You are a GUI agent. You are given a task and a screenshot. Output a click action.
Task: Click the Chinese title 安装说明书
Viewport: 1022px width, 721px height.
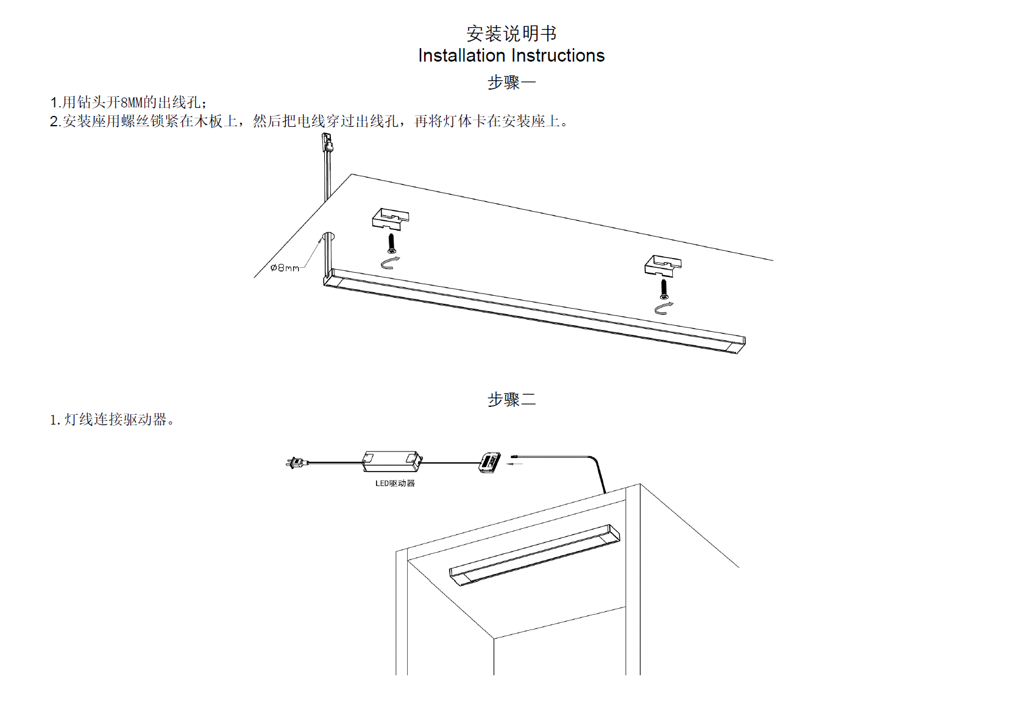[x=511, y=33]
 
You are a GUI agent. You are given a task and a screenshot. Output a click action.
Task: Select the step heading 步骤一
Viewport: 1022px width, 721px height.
[x=511, y=82]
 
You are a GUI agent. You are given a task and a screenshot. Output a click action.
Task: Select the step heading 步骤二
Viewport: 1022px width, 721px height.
[x=511, y=400]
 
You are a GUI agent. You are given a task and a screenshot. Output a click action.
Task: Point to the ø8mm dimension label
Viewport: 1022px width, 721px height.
[x=285, y=268]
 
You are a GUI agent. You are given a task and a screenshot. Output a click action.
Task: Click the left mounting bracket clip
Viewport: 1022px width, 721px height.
[x=390, y=218]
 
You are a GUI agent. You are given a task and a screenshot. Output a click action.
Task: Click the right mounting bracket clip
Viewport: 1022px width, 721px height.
[x=662, y=265]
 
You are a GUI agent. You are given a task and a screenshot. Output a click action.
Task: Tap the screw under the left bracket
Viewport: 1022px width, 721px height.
[x=391, y=243]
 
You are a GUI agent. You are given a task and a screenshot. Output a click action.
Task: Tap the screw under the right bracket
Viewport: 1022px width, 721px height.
[x=664, y=290]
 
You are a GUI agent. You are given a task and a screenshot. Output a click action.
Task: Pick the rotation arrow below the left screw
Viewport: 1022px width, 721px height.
[x=390, y=262]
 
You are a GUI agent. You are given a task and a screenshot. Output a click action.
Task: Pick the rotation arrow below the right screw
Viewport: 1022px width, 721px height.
[x=664, y=308]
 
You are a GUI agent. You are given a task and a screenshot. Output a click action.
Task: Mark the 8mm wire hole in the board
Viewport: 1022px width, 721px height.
[x=329, y=236]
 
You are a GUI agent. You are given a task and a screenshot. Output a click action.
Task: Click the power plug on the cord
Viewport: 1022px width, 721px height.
[x=296, y=463]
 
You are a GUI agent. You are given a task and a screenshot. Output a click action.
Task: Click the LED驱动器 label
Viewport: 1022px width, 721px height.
[x=395, y=483]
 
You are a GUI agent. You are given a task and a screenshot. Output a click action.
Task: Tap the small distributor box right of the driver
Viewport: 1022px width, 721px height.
[x=490, y=462]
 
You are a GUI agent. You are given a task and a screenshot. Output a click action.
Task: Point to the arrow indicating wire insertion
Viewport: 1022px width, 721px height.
[x=516, y=464]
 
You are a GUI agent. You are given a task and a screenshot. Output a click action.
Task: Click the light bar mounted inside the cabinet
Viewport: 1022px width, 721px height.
[x=534, y=554]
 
